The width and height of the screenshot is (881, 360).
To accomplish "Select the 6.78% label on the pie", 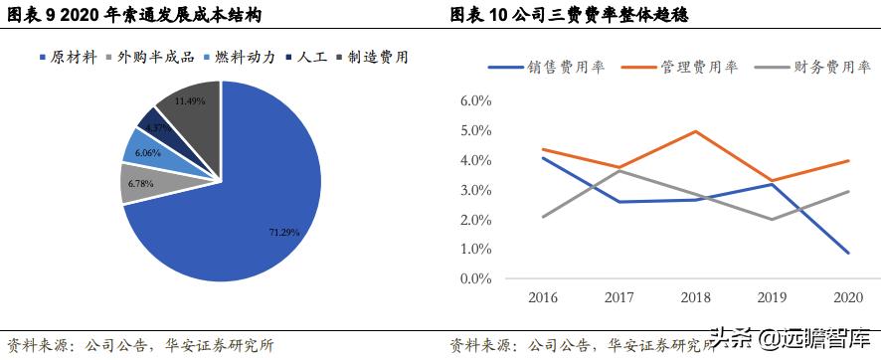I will (x=141, y=183).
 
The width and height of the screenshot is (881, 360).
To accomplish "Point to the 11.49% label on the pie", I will (x=189, y=101).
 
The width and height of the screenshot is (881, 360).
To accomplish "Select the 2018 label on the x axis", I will (x=696, y=297).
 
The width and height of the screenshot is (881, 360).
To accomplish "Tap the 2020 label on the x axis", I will (x=848, y=297).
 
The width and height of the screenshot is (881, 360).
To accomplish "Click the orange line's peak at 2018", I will (x=696, y=131).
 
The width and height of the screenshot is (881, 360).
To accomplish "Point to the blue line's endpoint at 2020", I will (x=848, y=253).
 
